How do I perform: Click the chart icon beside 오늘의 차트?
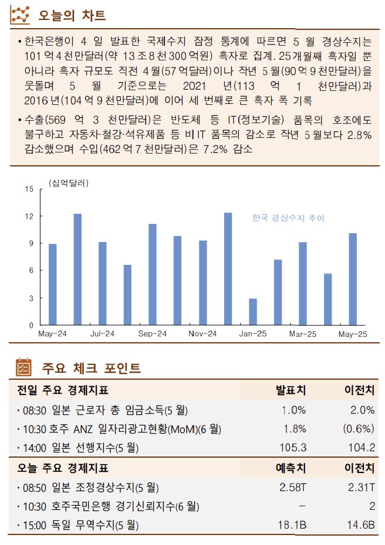[x=21, y=14]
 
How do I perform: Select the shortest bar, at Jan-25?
[x=252, y=312]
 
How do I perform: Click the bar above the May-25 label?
[x=353, y=279]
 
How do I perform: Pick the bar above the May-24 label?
[x=52, y=284]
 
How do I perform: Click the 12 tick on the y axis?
[x=29, y=216]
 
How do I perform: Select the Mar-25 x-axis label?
[x=303, y=333]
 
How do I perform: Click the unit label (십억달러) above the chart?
[x=69, y=183]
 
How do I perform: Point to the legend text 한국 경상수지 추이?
[x=288, y=218]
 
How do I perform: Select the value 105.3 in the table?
[x=293, y=448]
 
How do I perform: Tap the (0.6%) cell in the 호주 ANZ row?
[x=358, y=429]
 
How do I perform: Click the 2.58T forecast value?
[x=292, y=487]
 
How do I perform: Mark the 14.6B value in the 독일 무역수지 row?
[x=360, y=525]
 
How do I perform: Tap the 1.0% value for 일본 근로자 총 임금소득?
[x=293, y=410]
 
